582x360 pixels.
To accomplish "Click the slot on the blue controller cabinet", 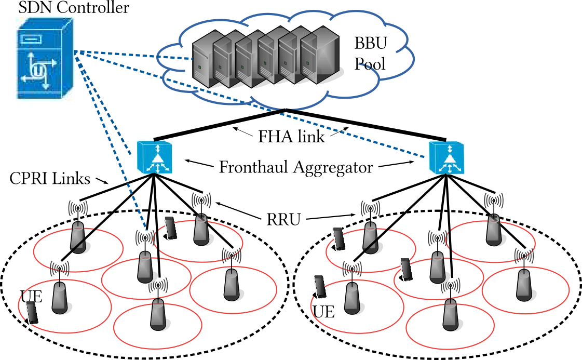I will [x=31, y=38].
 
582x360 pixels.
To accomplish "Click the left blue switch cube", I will [x=154, y=157].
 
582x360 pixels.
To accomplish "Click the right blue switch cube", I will [x=446, y=157].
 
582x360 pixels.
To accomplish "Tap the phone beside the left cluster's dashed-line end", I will [x=170, y=228].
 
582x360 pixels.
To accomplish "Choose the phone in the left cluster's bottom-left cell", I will [x=32, y=312].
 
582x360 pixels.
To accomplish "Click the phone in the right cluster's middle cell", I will [x=406, y=269].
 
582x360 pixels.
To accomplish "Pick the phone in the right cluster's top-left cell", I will [x=339, y=239].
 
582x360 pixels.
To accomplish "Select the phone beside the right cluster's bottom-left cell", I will [x=320, y=287].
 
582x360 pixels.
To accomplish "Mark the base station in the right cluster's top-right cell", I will [x=493, y=232].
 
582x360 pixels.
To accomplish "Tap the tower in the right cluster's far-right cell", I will [x=523, y=285].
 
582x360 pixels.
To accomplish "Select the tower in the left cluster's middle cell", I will [x=145, y=268].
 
